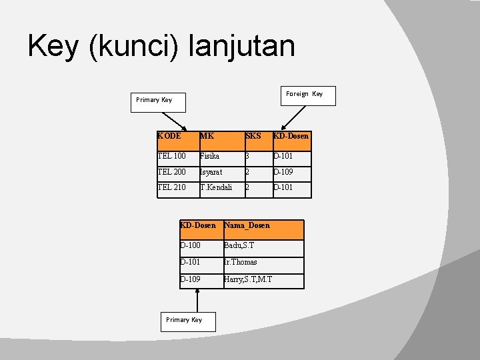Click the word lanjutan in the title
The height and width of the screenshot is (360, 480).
(242, 46)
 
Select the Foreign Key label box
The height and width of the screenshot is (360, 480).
(308, 96)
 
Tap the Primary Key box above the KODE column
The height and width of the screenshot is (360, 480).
(158, 103)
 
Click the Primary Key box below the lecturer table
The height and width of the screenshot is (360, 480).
(188, 322)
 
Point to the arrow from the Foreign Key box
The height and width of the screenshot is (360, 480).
(293, 118)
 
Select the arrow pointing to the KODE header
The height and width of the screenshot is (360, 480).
(175, 121)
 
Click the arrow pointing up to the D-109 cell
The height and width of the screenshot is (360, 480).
(197, 300)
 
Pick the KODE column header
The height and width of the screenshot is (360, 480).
(179, 141)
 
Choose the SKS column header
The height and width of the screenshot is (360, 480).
(259, 141)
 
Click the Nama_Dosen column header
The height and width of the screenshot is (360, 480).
(264, 229)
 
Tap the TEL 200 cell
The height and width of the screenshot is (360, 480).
(179, 174)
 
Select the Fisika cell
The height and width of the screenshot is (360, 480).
(222, 159)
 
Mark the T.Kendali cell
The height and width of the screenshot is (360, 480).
(222, 190)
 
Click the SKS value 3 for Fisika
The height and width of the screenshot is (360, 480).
(259, 159)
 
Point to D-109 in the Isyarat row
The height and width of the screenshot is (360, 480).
(293, 174)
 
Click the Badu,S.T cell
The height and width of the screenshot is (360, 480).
(264, 248)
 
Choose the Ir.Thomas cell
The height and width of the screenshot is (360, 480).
(264, 265)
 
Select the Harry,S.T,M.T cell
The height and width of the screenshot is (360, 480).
(264, 281)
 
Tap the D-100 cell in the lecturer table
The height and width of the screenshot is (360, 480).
(202, 248)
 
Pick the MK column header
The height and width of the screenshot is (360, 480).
(222, 141)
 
